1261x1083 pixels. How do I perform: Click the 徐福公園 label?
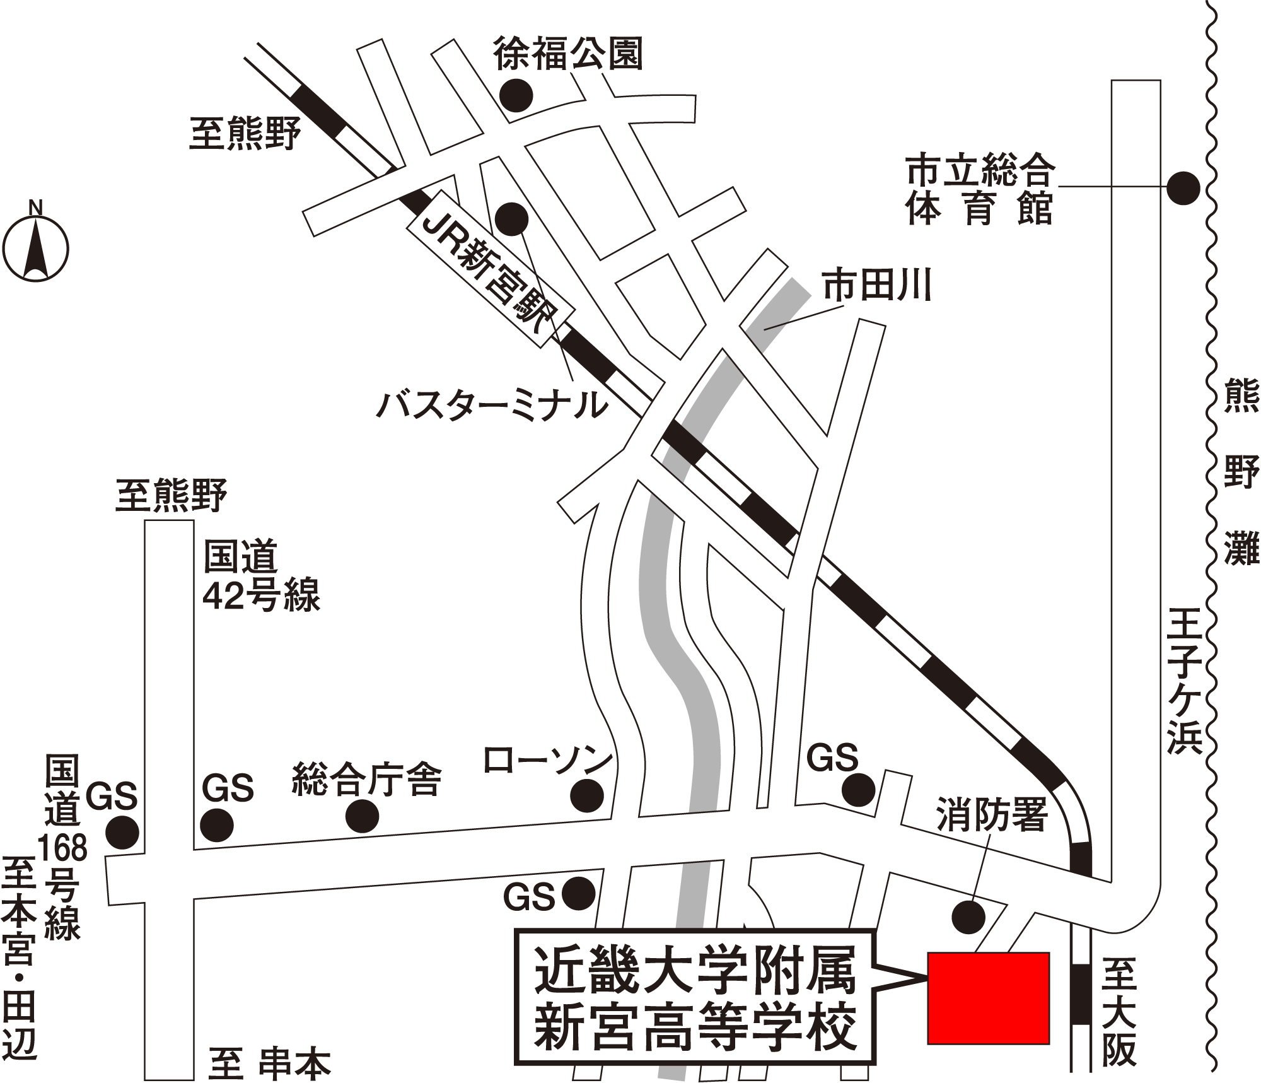[x=567, y=54]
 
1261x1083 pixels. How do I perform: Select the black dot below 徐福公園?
[x=516, y=96]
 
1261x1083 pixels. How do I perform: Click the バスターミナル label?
[x=492, y=405]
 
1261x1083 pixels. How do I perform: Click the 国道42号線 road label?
[x=261, y=575]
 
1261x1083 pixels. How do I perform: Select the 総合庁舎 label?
[x=366, y=780]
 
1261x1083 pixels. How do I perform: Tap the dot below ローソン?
[x=586, y=795]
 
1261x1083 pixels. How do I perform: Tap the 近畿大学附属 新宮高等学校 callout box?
[x=695, y=1005]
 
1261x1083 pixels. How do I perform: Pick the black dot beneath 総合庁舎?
[x=363, y=816]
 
